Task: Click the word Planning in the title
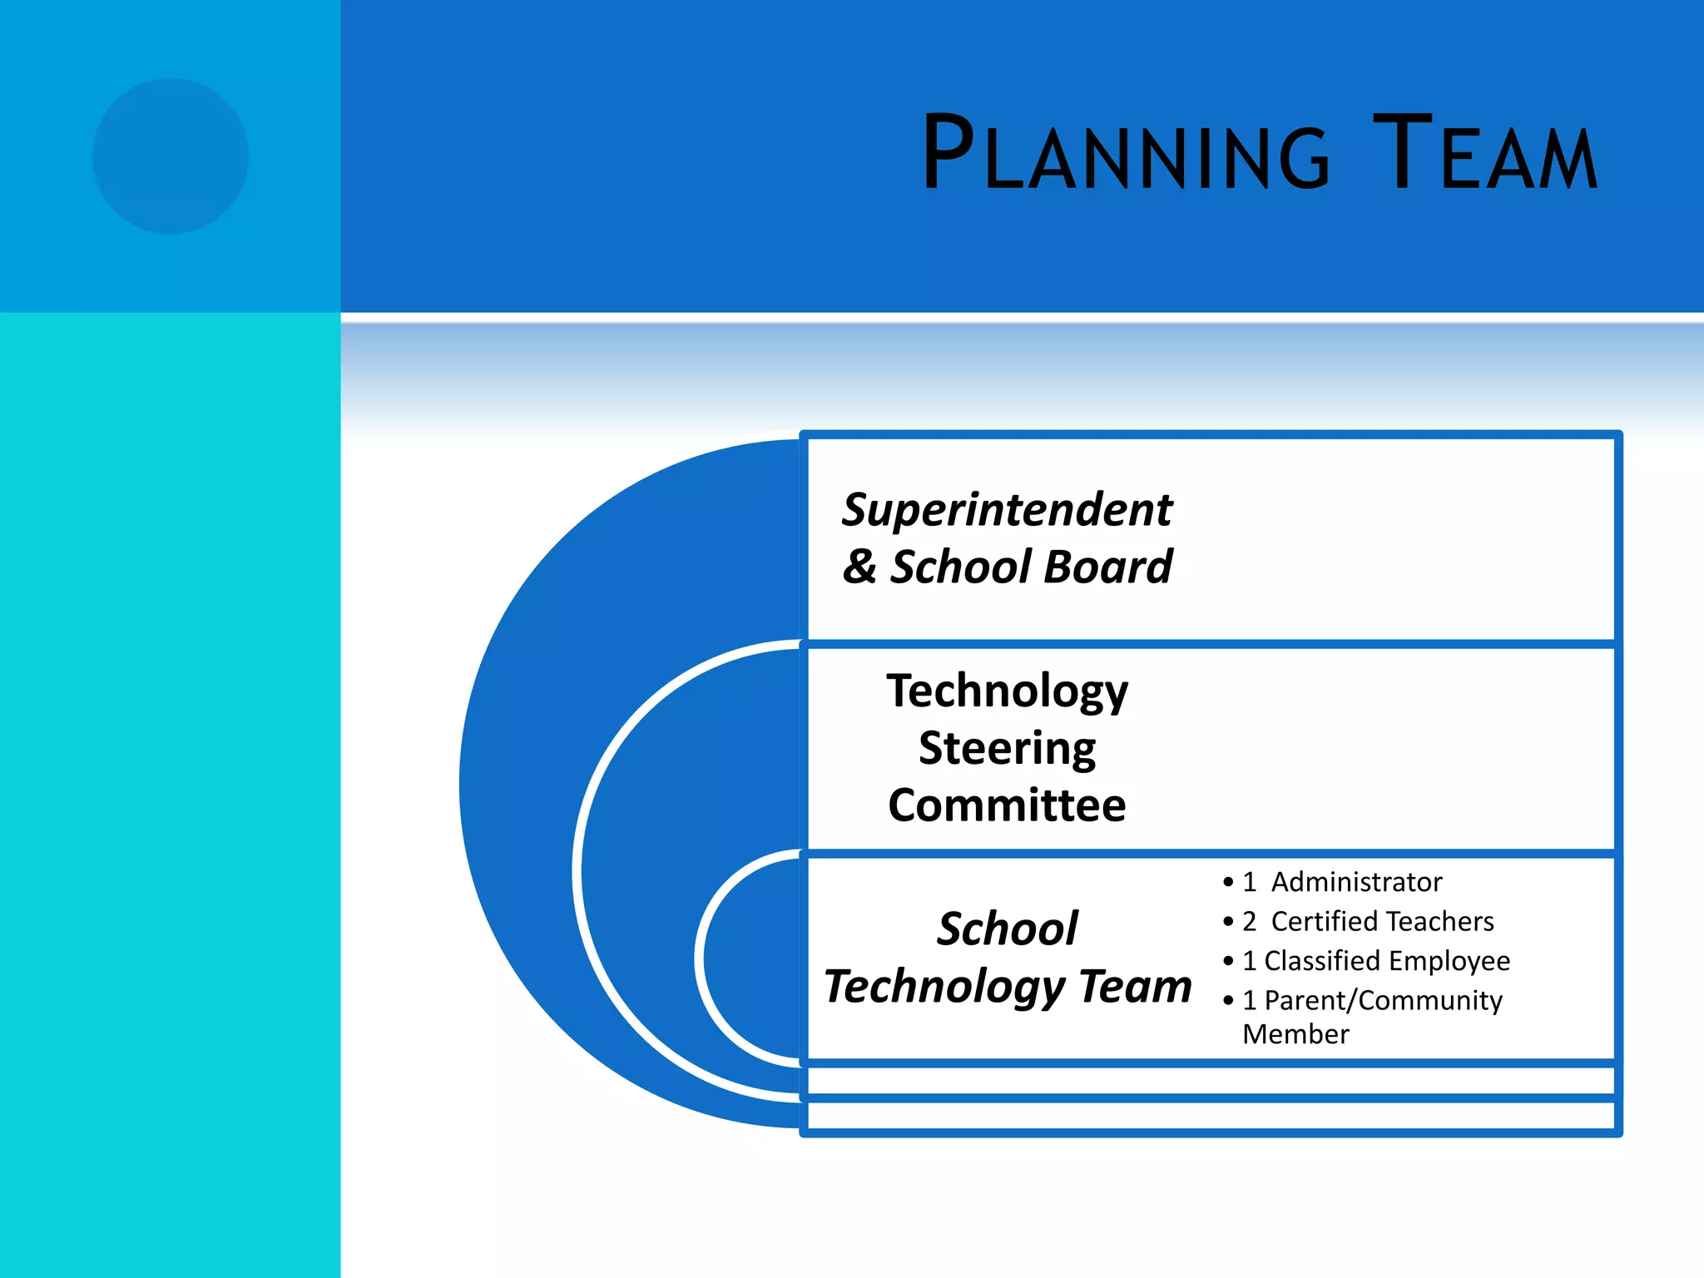[x=1127, y=155]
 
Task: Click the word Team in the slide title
[x=1485, y=155]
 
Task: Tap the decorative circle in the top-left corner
[x=171, y=156]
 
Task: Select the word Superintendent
[x=1007, y=510]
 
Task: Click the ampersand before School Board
[x=859, y=567]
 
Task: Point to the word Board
[x=1107, y=567]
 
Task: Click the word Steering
[x=1007, y=748]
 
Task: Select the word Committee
[x=1007, y=805]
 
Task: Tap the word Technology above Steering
[x=1007, y=691]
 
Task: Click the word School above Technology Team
[x=1007, y=929]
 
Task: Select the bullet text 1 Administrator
[x=1342, y=882]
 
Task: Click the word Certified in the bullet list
[x=1324, y=922]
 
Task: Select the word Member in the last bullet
[x=1295, y=1034]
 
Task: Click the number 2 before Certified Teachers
[x=1249, y=922]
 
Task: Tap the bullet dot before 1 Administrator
[x=1228, y=882]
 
